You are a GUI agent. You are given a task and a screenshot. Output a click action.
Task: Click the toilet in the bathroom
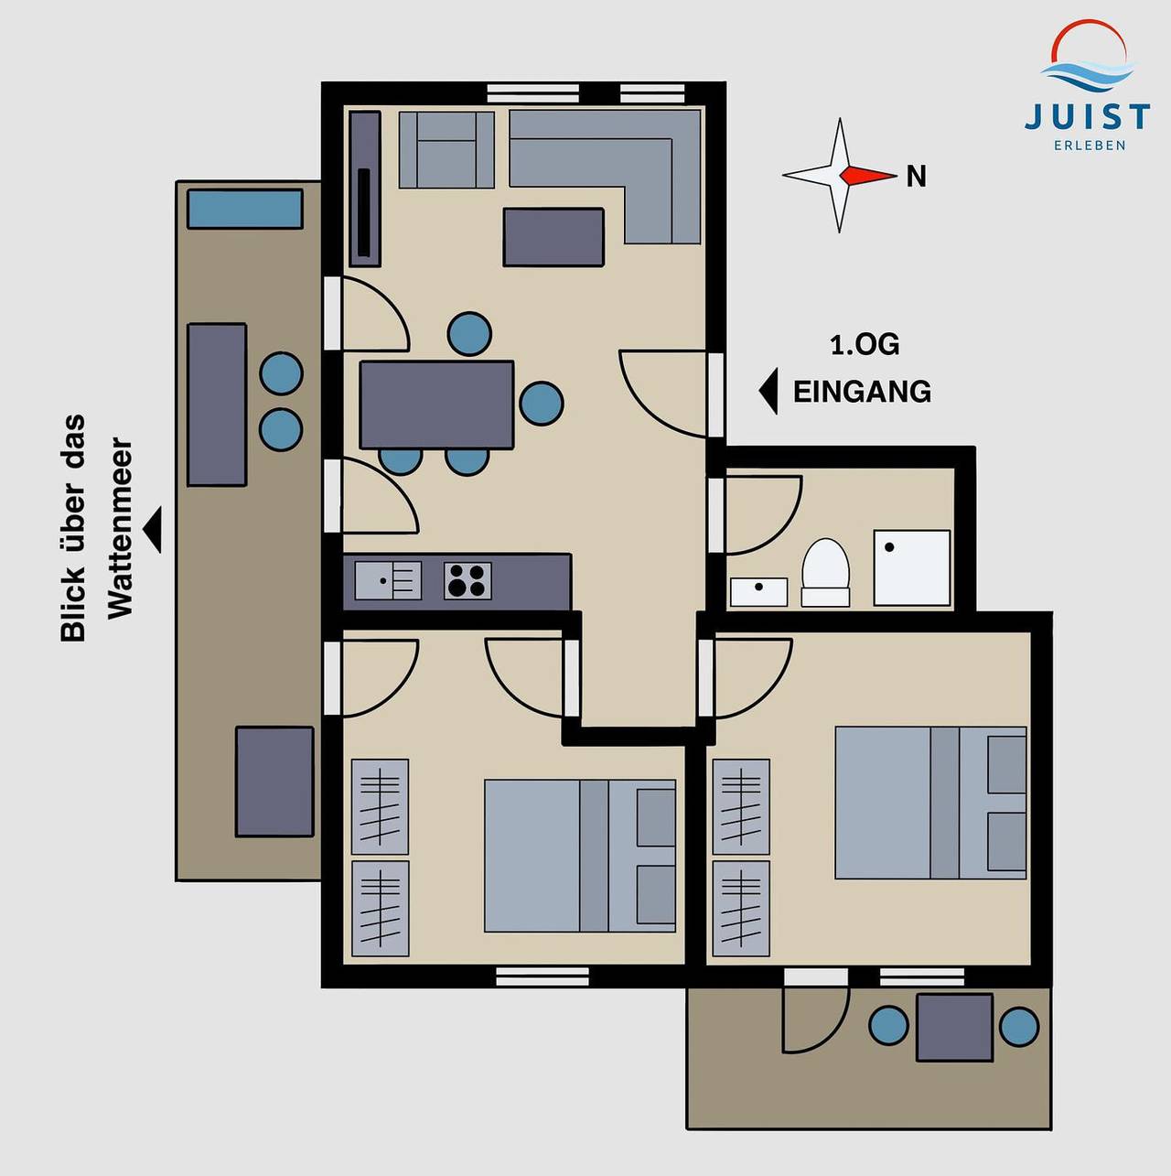[x=825, y=572]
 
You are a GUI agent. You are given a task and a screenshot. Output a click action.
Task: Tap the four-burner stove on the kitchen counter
[x=467, y=580]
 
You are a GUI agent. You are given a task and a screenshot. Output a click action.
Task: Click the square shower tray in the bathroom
[x=912, y=567]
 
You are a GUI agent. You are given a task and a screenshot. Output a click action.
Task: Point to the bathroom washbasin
[x=759, y=592]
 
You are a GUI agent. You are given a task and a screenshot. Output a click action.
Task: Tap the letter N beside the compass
[x=916, y=177]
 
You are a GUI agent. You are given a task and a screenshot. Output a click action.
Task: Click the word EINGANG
[x=862, y=391]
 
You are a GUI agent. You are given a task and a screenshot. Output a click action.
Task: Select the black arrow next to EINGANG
[x=768, y=391]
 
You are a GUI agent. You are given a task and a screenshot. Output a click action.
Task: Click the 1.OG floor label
[x=865, y=345]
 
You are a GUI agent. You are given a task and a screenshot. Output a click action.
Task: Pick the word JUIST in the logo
[x=1088, y=116]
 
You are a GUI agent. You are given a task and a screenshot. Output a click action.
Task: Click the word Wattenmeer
[x=120, y=527]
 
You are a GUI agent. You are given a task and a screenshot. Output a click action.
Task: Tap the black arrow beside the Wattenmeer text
[x=153, y=529]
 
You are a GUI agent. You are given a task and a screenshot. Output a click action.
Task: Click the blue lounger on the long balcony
[x=244, y=209]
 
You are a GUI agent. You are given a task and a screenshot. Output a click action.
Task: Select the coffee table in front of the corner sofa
[x=553, y=237]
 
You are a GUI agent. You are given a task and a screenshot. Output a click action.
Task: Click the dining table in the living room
[x=436, y=405]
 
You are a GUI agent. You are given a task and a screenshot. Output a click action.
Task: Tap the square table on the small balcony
[x=955, y=1027]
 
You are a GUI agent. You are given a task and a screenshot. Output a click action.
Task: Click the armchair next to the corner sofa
[x=446, y=149]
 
